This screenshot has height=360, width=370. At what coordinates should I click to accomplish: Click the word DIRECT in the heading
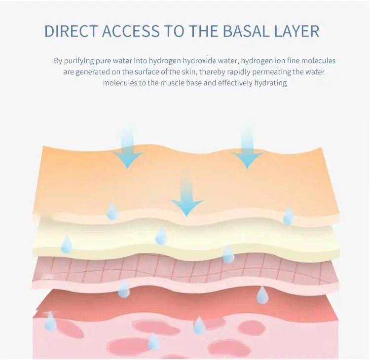click(x=71, y=31)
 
